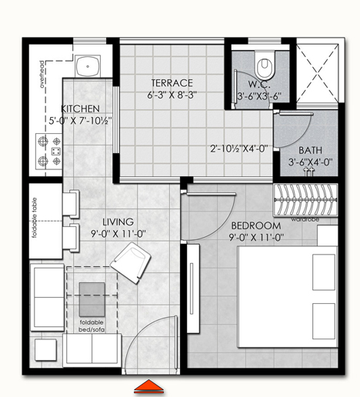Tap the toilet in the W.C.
[x=265, y=65]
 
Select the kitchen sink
[x=88, y=66]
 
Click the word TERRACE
[x=172, y=83]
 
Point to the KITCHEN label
[x=80, y=108]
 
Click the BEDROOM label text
[x=256, y=226]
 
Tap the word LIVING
[x=118, y=222]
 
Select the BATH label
[x=310, y=150]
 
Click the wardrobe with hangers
[x=305, y=200]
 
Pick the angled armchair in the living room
[x=130, y=262]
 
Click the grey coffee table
[x=92, y=299]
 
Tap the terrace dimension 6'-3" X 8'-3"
[x=172, y=95]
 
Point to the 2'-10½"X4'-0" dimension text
[x=239, y=148]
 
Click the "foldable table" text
[x=35, y=218]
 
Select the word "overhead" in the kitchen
[x=42, y=75]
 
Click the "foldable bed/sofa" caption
[x=92, y=326]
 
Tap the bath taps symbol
[x=308, y=171]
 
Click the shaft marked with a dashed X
[x=318, y=73]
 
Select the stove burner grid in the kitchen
[x=49, y=152]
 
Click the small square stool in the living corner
[x=45, y=350]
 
